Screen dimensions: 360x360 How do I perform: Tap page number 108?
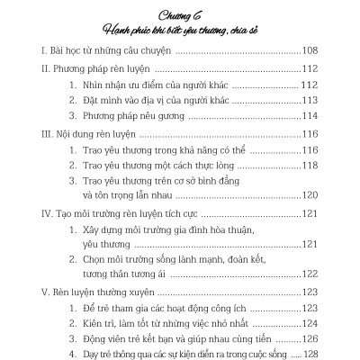click(x=333, y=54)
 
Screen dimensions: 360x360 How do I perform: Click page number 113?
click(x=333, y=101)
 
